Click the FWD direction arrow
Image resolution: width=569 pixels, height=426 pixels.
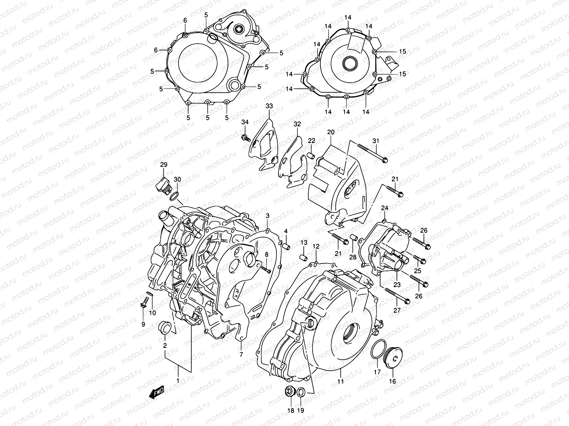(x=156, y=392)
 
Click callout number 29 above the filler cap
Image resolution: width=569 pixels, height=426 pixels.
(x=163, y=165)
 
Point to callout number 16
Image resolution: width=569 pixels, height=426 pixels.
(x=393, y=382)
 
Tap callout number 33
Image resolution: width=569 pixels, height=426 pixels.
(x=269, y=106)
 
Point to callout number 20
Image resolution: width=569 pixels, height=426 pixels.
(x=331, y=132)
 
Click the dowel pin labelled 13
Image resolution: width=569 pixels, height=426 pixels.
(x=303, y=256)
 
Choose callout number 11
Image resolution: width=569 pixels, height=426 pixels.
(x=341, y=382)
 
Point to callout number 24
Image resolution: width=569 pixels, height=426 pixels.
(x=385, y=208)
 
